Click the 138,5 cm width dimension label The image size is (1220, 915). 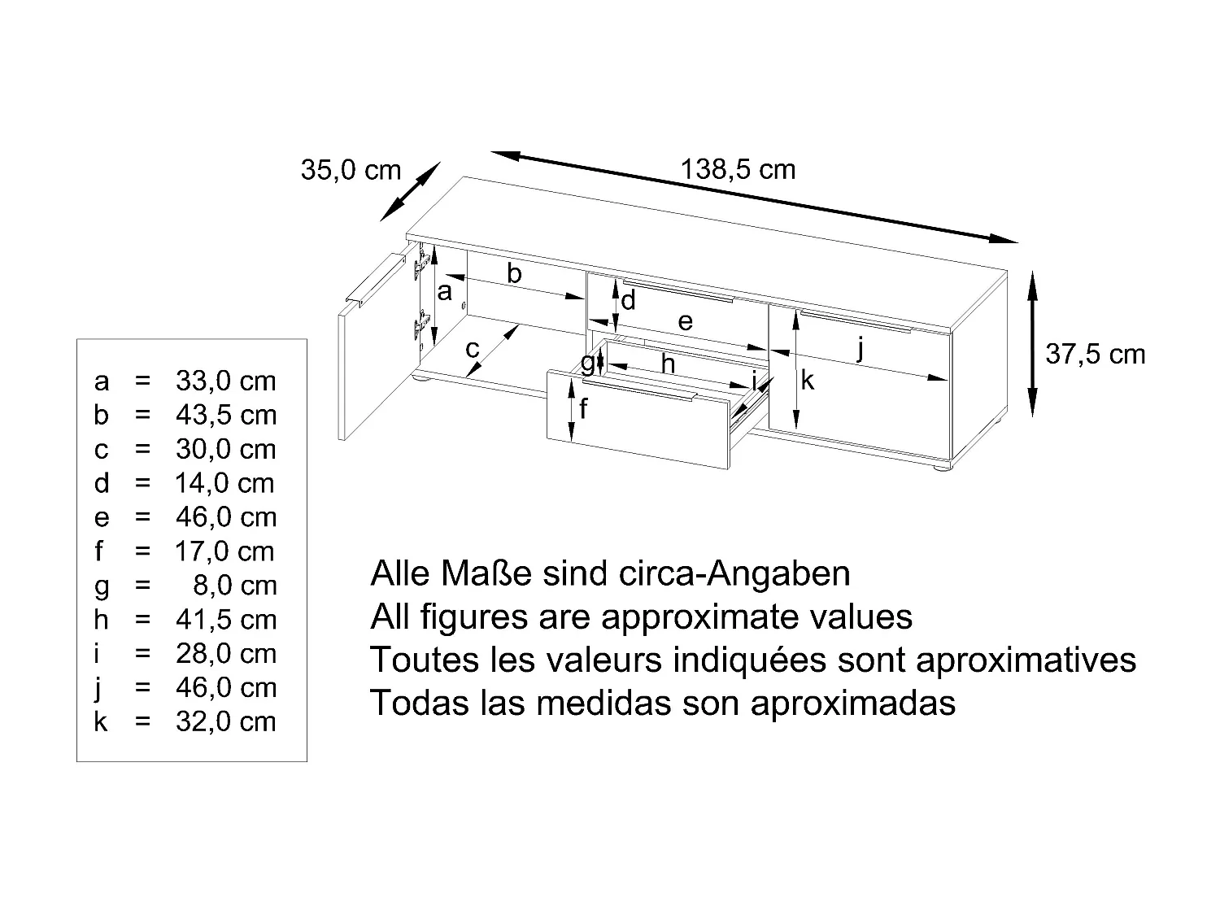click(x=738, y=170)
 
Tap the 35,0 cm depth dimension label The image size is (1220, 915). click(x=351, y=171)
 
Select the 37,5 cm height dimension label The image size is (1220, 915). click(x=1095, y=355)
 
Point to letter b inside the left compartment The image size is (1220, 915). click(x=514, y=274)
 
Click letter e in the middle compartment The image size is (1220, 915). click(x=686, y=322)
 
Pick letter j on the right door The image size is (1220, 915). click(x=861, y=350)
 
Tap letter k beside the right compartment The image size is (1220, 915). click(x=807, y=380)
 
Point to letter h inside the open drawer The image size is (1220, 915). click(x=668, y=364)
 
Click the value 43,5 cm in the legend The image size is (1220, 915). click(x=226, y=416)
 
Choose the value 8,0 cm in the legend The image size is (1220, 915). click(x=235, y=586)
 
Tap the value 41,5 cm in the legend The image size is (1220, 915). click(x=226, y=621)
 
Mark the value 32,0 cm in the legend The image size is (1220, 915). click(x=226, y=722)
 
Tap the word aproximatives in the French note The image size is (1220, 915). click(x=1026, y=660)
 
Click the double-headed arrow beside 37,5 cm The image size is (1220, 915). click(x=1032, y=343)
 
